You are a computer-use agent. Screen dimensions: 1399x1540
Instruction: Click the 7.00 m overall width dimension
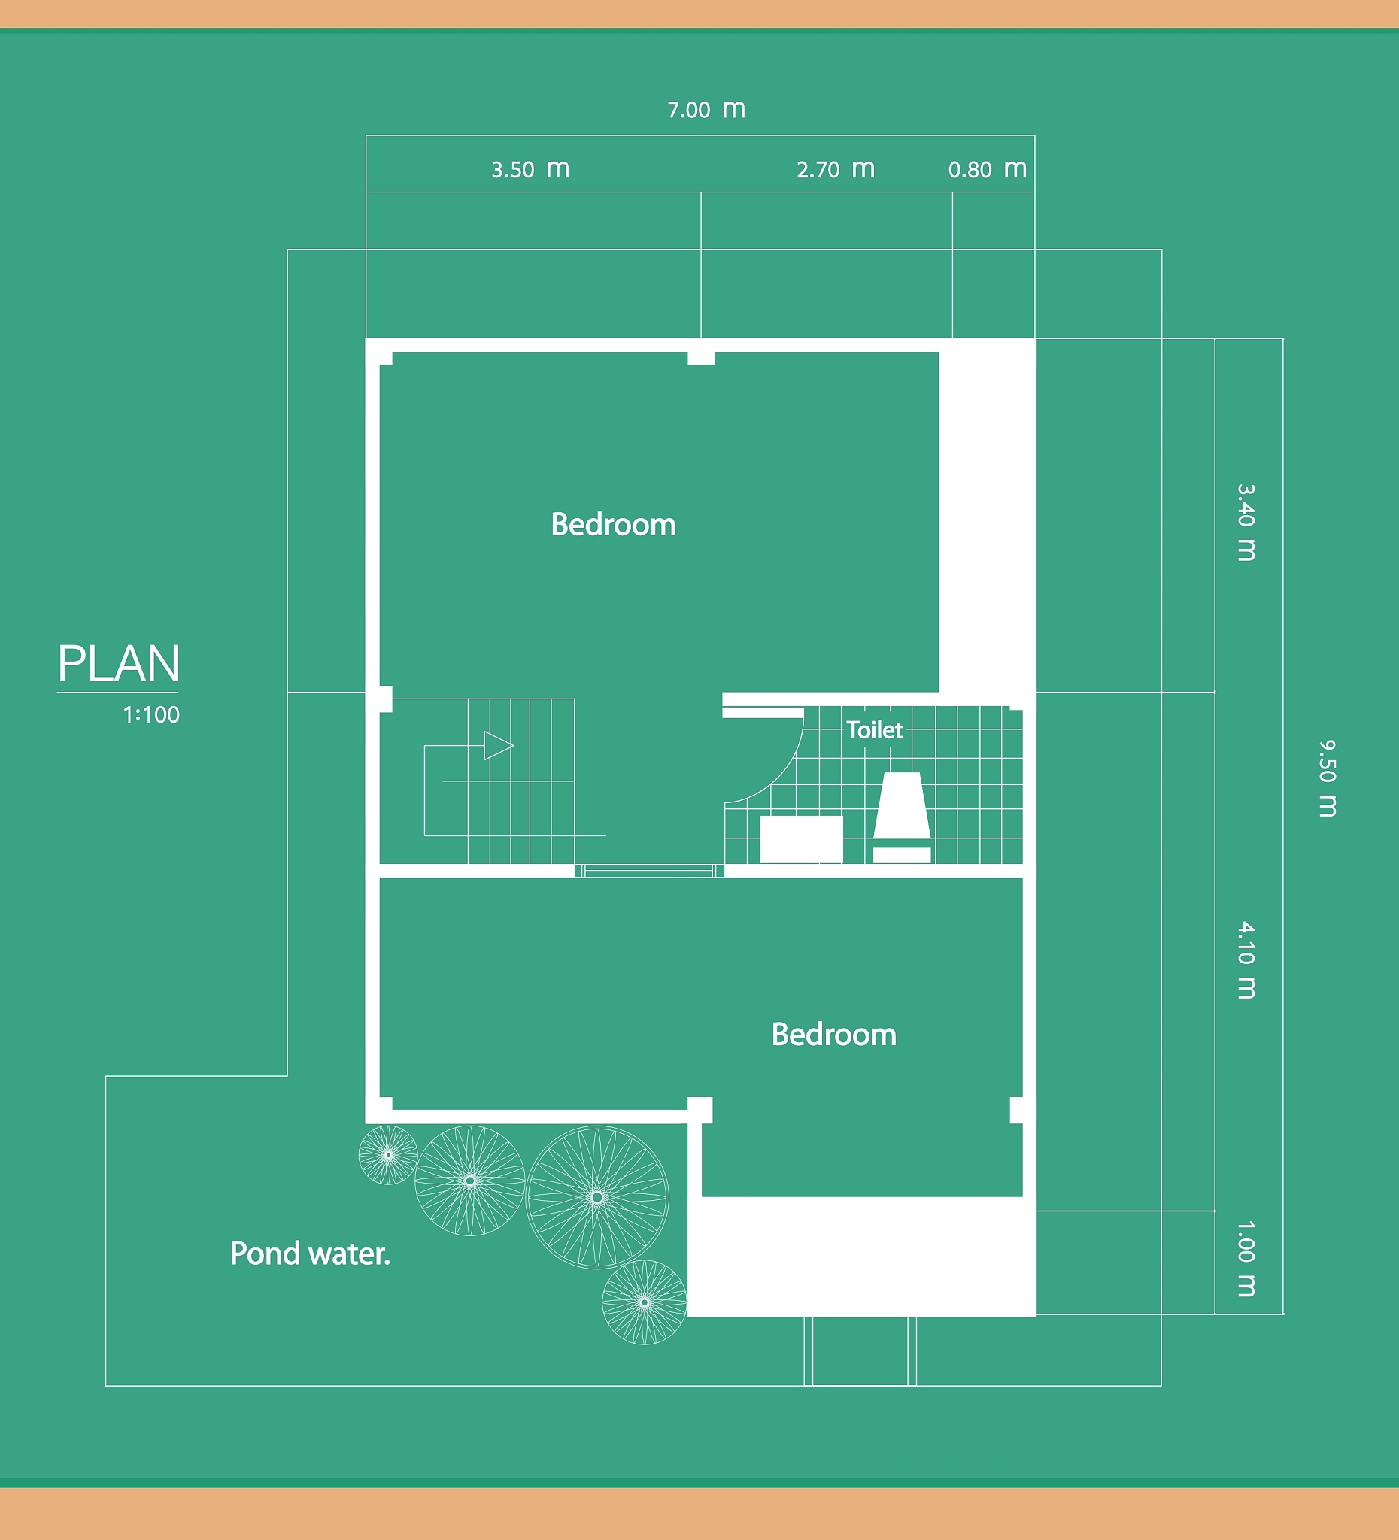[x=707, y=109]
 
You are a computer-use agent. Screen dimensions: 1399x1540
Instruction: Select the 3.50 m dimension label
[x=530, y=169]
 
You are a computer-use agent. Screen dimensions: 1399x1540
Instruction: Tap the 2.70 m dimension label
[x=836, y=169]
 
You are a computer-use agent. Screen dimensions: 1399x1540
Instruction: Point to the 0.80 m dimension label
[x=987, y=169]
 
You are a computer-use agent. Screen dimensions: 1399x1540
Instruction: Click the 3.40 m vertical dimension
[x=1246, y=523]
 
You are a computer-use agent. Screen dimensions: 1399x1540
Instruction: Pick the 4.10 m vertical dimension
[x=1246, y=960]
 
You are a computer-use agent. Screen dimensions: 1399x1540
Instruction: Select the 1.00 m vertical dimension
[x=1246, y=1259]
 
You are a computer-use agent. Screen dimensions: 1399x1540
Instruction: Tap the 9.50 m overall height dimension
[x=1328, y=778]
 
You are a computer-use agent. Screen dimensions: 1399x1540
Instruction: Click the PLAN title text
[x=119, y=663]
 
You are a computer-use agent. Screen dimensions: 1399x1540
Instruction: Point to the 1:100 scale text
[x=151, y=715]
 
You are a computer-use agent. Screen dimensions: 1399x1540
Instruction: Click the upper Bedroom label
[x=614, y=525]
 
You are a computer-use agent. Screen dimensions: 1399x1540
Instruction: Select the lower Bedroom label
[x=833, y=1035]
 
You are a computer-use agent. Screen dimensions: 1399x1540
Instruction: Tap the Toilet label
[x=875, y=730]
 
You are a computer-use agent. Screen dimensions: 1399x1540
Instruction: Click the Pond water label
[x=310, y=1254]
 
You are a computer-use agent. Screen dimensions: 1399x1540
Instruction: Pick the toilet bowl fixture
[x=902, y=817]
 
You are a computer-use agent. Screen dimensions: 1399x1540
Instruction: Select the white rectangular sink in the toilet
[x=802, y=839]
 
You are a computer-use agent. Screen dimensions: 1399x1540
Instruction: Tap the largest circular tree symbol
[x=597, y=1197]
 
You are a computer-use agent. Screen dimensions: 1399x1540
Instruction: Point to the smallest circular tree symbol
[x=388, y=1155]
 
